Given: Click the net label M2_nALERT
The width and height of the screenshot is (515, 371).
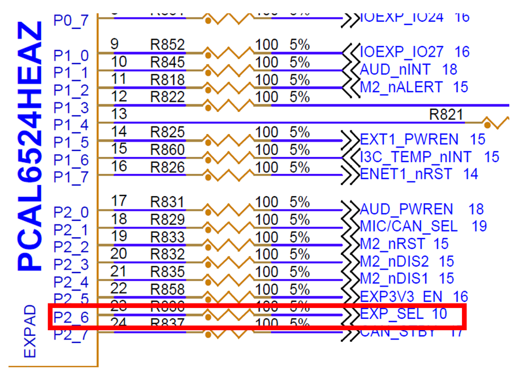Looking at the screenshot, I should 401,87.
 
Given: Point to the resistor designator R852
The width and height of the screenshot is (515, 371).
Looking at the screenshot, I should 167,45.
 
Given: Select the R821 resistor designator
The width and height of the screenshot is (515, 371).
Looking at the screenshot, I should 446,115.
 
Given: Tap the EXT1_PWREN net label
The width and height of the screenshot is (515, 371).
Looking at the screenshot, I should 408,139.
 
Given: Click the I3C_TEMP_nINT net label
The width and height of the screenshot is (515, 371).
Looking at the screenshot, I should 416,156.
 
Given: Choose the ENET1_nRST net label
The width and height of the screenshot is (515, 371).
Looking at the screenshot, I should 406,174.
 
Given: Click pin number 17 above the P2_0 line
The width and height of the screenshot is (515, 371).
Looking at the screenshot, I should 119,201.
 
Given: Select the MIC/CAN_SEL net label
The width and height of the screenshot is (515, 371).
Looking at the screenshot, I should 408,226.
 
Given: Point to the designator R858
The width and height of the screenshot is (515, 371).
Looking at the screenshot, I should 167,289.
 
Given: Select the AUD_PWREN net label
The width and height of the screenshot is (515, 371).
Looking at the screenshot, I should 406,209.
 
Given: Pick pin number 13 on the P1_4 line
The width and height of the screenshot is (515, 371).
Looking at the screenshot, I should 119,114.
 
